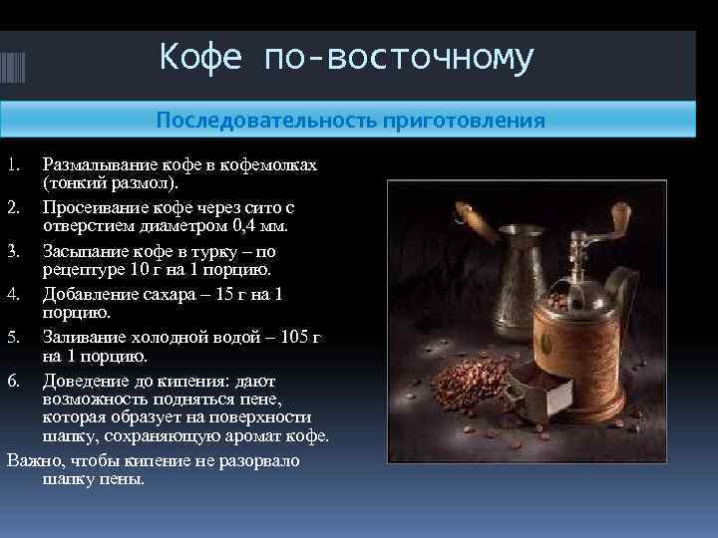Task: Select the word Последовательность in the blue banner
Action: pyautogui.click(x=263, y=121)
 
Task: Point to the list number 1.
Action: pyautogui.click(x=13, y=164)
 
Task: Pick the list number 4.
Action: pyautogui.click(x=13, y=294)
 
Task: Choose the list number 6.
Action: pyautogui.click(x=13, y=381)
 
